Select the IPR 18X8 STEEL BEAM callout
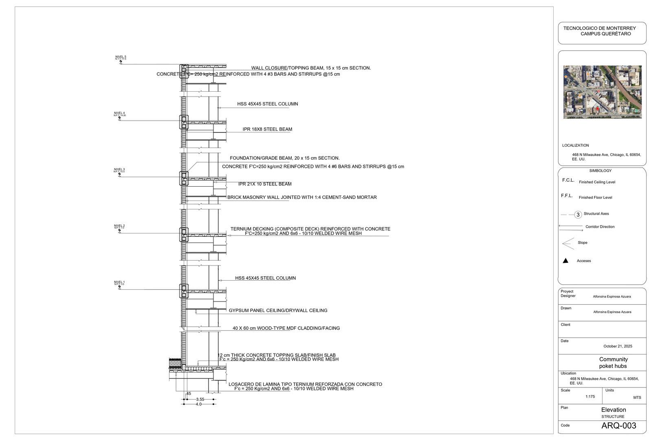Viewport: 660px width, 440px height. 267,130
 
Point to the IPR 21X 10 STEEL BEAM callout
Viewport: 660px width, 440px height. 265,184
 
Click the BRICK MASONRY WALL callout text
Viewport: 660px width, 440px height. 302,198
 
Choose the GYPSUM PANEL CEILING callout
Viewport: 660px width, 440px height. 278,311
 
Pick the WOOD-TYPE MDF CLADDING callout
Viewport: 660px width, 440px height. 286,328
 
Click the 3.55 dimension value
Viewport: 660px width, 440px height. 200,400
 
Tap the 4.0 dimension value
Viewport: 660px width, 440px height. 198,405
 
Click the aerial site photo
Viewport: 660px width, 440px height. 602,92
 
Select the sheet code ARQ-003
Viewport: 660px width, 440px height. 618,426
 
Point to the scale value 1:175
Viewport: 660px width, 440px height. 590,397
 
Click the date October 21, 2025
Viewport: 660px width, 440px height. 618,346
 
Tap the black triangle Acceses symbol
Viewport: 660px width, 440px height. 565,261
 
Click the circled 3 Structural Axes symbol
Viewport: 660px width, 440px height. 578,215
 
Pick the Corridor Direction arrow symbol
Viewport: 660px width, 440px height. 570,226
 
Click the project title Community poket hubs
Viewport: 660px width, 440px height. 613,363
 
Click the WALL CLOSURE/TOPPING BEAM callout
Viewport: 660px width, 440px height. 311,68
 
